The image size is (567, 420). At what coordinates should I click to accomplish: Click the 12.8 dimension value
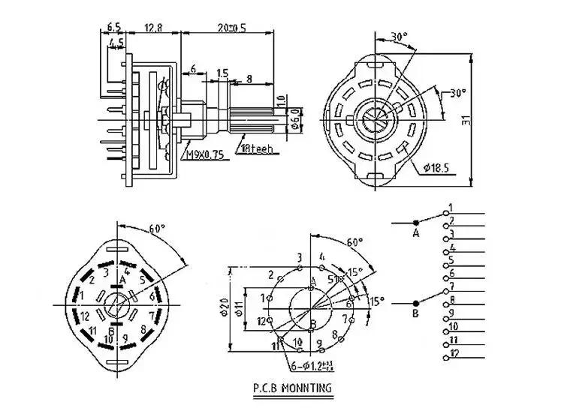click(152, 28)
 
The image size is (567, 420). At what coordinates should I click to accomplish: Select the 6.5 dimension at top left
click(114, 27)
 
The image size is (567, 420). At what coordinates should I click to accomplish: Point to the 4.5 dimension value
click(116, 43)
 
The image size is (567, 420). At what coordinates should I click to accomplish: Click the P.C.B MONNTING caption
click(293, 388)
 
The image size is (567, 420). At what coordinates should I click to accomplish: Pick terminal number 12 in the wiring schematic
click(455, 352)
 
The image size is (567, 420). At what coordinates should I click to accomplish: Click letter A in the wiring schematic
click(415, 234)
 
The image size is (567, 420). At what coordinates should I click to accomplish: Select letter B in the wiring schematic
click(415, 313)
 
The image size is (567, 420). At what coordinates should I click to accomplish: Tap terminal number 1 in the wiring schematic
click(451, 207)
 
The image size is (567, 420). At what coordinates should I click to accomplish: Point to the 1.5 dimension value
click(222, 73)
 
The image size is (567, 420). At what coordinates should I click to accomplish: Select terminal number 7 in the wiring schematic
click(451, 286)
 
